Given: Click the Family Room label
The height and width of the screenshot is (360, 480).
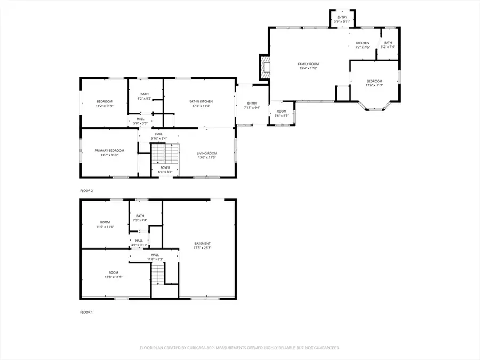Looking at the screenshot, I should point(308,63).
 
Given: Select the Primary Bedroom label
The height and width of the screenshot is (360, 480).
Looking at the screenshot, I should point(109,151).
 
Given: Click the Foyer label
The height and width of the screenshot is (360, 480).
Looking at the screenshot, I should point(165,167).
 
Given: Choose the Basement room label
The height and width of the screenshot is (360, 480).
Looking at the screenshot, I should point(202,244).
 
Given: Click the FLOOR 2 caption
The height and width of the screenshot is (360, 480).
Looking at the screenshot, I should point(86,190).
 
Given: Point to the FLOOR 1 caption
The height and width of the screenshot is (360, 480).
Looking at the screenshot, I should point(86,312).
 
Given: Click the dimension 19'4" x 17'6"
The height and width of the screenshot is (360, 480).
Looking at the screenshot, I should point(308,68).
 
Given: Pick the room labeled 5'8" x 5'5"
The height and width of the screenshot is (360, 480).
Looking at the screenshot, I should point(281,113).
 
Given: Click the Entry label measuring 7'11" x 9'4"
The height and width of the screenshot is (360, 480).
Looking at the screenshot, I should point(252,105).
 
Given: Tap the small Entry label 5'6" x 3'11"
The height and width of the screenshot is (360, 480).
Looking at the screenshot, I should point(342,19).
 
